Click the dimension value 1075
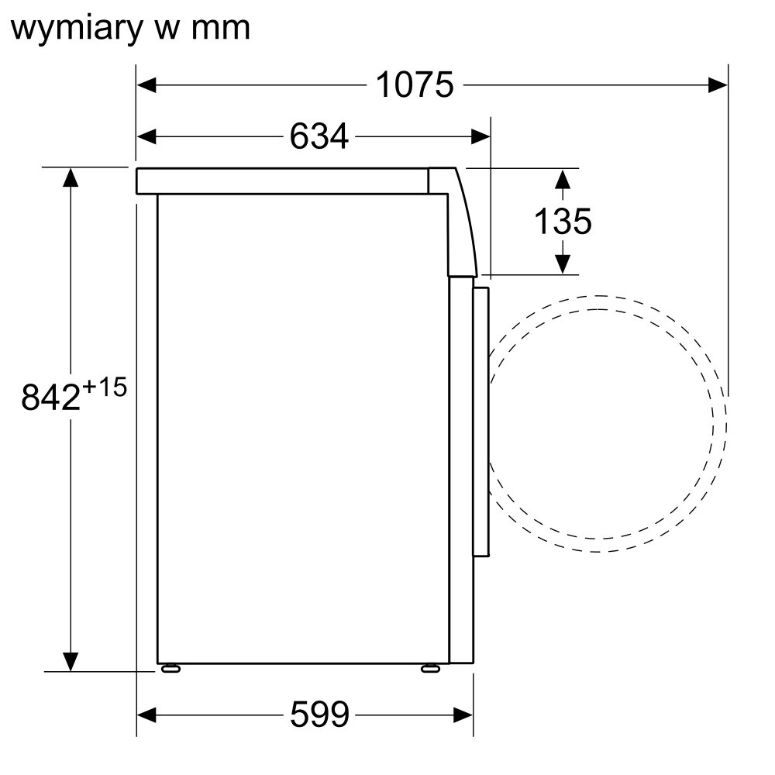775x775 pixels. point(414,85)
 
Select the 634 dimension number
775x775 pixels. point(319,136)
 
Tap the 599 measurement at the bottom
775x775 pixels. point(319,715)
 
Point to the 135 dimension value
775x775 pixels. point(563,221)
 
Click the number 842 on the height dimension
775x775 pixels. point(50,396)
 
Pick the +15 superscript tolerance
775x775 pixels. point(105,387)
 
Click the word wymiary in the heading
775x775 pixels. point(77,29)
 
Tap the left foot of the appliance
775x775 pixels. point(170,668)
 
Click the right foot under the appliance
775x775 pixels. point(430,668)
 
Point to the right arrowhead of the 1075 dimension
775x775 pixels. point(718,85)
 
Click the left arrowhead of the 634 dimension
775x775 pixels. point(146,136)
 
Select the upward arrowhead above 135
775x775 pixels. point(563,179)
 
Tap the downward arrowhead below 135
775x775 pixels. point(563,264)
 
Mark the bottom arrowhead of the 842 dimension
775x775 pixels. point(71,662)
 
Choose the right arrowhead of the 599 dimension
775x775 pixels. point(463,715)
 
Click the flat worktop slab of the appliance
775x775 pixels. point(282,181)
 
